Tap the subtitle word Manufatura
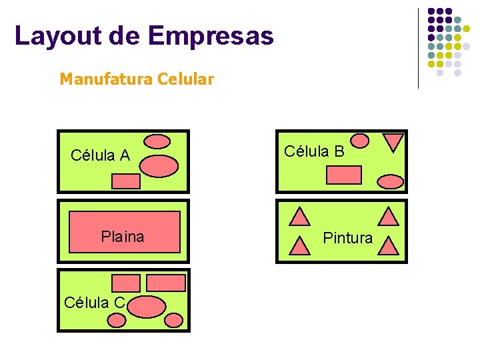pos(106,79)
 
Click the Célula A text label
pos(100,156)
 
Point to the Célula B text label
pos(314,151)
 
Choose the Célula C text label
pos(94,303)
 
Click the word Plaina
pos(122,237)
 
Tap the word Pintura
pos(347,238)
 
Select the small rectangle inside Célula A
pos(125,181)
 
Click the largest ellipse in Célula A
pos(158,165)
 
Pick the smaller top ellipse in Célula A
pos(157,141)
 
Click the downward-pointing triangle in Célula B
pos(393,142)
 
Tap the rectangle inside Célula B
pos(344,175)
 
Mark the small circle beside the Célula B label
pos(359,141)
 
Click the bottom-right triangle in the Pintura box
pos(388,247)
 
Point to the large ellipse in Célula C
pos(146,306)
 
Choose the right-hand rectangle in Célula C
pos(165,283)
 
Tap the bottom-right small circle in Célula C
pos(173,320)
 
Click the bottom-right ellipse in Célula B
pos(390,181)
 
